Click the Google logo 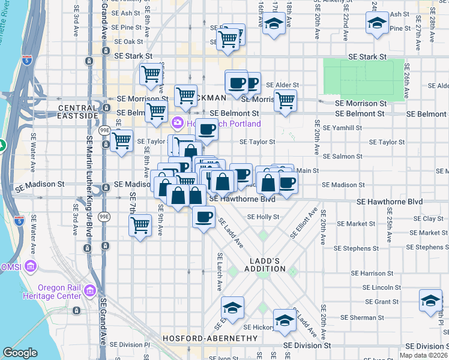point(20,353)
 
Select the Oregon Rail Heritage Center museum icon point(90,292)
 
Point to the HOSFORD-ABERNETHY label point(203,338)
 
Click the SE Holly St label point(259,217)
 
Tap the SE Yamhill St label point(343,127)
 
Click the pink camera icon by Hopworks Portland point(177,124)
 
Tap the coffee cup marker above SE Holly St point(204,215)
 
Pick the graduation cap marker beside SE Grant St point(430,301)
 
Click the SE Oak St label point(129,41)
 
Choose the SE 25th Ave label point(390,222)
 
